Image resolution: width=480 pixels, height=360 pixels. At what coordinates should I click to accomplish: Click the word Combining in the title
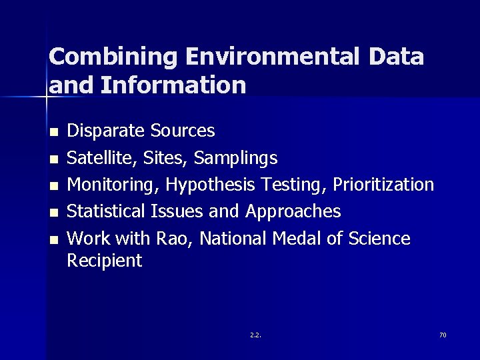pos(113,57)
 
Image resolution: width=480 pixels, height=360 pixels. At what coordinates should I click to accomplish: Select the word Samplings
pos(235,158)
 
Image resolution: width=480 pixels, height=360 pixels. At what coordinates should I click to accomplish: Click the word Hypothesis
pos(211,185)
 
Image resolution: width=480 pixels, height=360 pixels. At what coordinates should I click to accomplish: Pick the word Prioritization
pos(383,185)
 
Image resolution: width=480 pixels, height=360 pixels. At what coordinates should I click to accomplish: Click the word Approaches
pos(293,212)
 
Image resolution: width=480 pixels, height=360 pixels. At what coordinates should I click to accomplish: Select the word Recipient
pos(105,261)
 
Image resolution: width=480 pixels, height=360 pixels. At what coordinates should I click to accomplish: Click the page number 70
pos(443,335)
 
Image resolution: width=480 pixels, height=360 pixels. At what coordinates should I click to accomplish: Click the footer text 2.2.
pos(255,335)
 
